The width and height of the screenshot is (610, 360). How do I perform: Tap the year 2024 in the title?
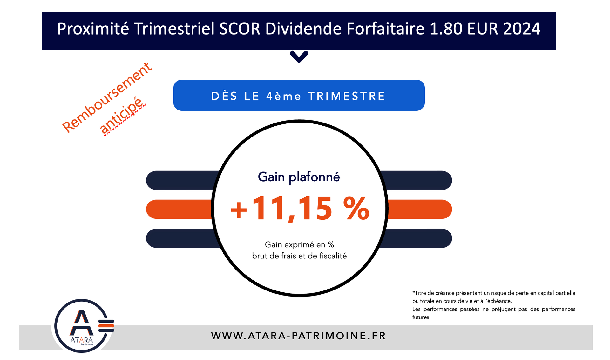522,29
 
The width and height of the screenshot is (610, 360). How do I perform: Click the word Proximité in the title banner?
93,29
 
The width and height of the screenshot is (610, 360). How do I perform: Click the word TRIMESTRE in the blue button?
347,96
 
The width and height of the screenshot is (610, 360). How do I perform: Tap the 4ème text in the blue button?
283,96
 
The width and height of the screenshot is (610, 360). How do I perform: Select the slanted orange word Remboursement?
107,97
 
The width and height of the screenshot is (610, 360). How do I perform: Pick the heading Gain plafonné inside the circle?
299,177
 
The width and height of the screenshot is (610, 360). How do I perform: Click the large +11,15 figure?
281,209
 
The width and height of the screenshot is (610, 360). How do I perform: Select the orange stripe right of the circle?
419,209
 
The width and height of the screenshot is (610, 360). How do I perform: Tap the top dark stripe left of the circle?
181,180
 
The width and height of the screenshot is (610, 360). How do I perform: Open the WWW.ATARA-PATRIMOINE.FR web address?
298,336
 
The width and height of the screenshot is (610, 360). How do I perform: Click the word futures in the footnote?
421,317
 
